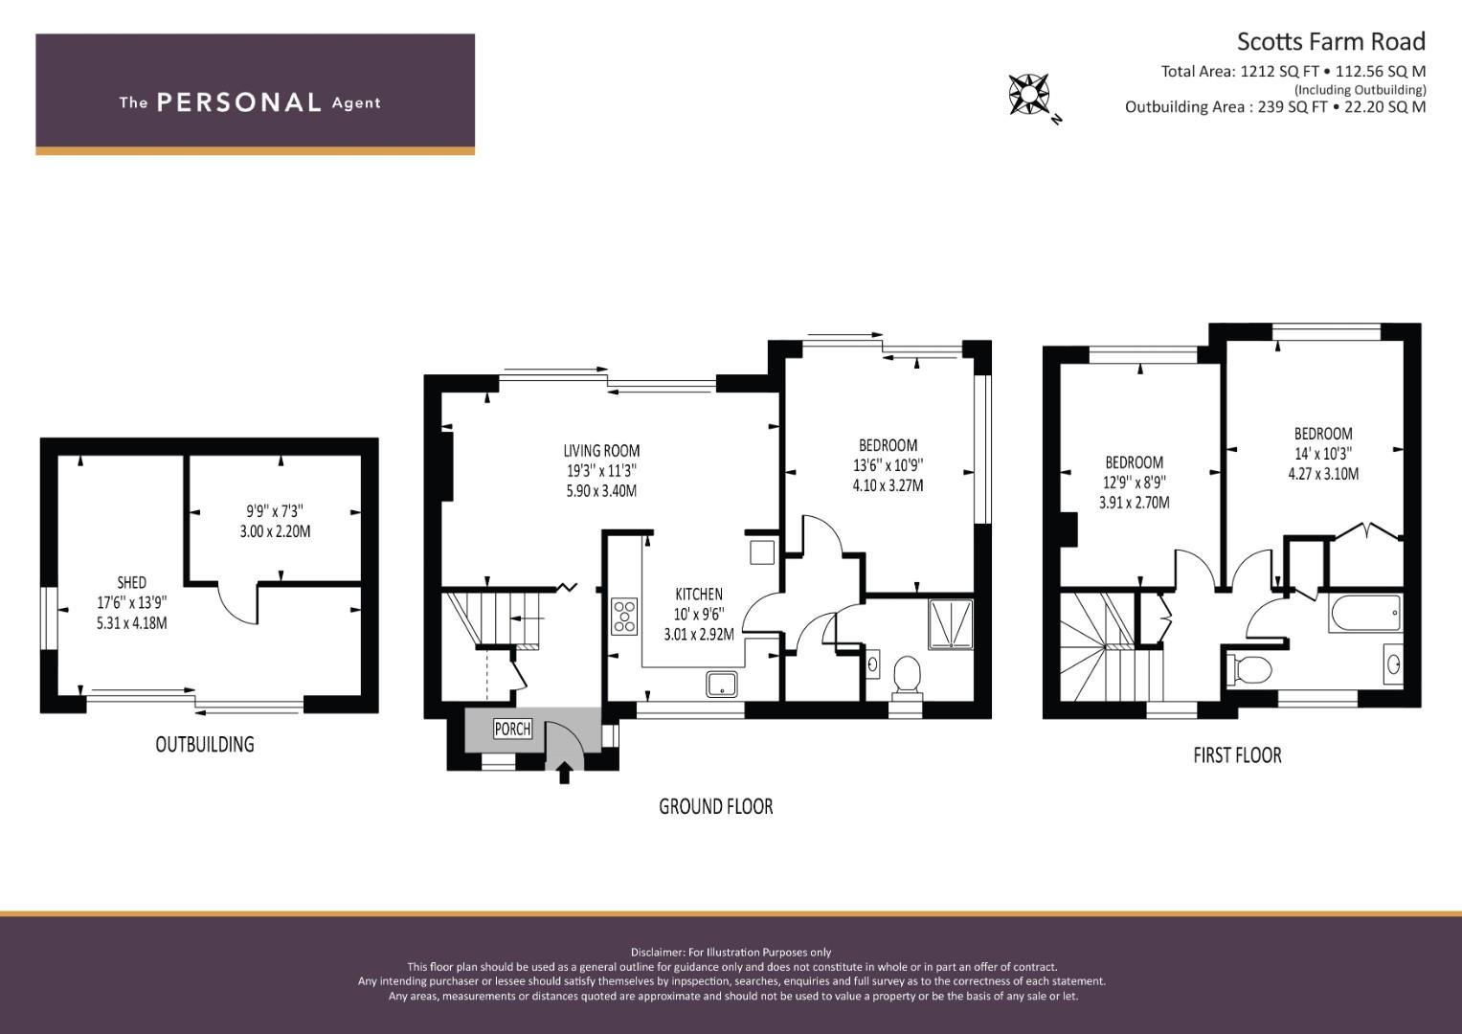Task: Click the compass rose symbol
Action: [x=1029, y=95]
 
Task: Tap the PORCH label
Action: [x=512, y=729]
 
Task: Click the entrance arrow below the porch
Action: [x=565, y=774]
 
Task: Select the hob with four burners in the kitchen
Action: [x=624, y=617]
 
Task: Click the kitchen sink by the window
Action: [x=721, y=685]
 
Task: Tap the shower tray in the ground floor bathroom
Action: [x=951, y=624]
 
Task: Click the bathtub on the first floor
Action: [x=1364, y=613]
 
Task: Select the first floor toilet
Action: [x=1249, y=669]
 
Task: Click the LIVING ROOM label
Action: [x=601, y=450]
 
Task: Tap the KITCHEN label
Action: [x=699, y=594]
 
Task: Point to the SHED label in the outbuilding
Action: [x=131, y=582]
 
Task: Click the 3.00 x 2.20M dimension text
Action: [x=275, y=531]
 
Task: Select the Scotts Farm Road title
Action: [x=1331, y=42]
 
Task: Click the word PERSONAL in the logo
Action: [x=239, y=102]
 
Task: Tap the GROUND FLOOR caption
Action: [x=716, y=807]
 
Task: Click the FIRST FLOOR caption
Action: [x=1237, y=755]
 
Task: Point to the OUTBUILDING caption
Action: [x=204, y=744]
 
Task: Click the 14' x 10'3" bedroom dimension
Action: [x=1323, y=454]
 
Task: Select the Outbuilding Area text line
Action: [x=1275, y=107]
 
